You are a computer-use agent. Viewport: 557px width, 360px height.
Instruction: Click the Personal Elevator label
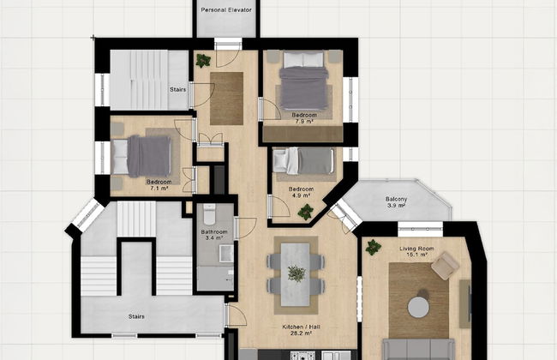coord(226,9)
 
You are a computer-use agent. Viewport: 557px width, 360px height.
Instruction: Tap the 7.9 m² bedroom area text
coord(304,123)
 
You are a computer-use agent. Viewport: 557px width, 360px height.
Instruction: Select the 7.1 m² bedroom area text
coord(159,189)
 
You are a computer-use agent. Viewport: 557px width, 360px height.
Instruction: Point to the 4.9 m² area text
coord(301,195)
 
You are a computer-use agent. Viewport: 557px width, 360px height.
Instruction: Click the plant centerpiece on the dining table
coord(296,273)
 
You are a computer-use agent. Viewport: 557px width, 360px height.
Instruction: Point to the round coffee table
coord(418,306)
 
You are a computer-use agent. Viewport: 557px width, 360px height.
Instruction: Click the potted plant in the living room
coord(373,247)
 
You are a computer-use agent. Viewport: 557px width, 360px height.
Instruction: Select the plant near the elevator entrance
coord(203,61)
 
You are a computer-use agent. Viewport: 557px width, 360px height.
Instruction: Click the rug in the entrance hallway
coord(227,98)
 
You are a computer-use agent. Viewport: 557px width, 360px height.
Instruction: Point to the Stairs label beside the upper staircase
coord(178,88)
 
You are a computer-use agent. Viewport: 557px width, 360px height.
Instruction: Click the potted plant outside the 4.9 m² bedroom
coord(305,212)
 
